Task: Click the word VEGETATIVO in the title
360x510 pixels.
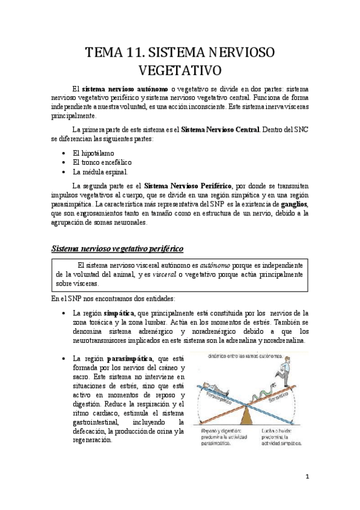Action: (180, 72)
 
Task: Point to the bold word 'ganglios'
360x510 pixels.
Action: (293, 204)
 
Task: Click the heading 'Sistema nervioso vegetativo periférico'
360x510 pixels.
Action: (117, 248)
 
